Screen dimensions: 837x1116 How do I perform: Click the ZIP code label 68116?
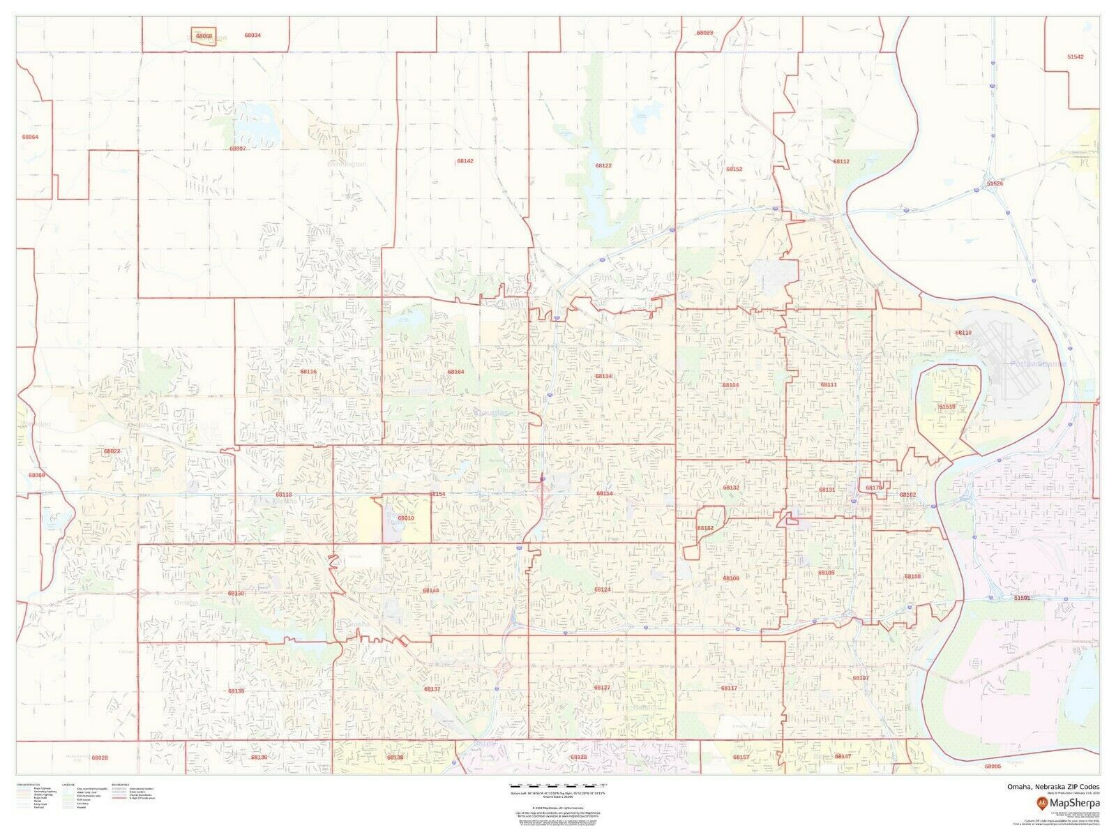pyautogui.click(x=308, y=372)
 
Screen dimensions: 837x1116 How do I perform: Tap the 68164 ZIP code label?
pyautogui.click(x=455, y=372)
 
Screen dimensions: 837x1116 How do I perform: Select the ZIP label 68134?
pyautogui.click(x=603, y=376)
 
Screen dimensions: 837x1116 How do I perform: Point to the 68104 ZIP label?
pyautogui.click(x=730, y=385)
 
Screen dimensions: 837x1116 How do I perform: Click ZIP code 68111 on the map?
pyautogui.click(x=828, y=385)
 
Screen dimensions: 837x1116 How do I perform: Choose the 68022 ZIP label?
pyautogui.click(x=112, y=451)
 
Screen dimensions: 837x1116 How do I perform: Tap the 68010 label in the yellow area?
pyautogui.click(x=406, y=518)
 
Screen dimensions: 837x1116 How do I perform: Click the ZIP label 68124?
pyautogui.click(x=602, y=589)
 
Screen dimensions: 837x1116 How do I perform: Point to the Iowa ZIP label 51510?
pyautogui.click(x=947, y=406)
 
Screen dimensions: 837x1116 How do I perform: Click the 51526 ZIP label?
pyautogui.click(x=995, y=183)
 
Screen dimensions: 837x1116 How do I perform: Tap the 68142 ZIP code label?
pyautogui.click(x=465, y=160)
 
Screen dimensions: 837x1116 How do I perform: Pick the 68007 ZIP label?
pyautogui.click(x=238, y=149)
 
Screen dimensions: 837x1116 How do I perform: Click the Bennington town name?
pyautogui.click(x=347, y=165)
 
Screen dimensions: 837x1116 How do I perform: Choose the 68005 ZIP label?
pyautogui.click(x=993, y=767)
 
